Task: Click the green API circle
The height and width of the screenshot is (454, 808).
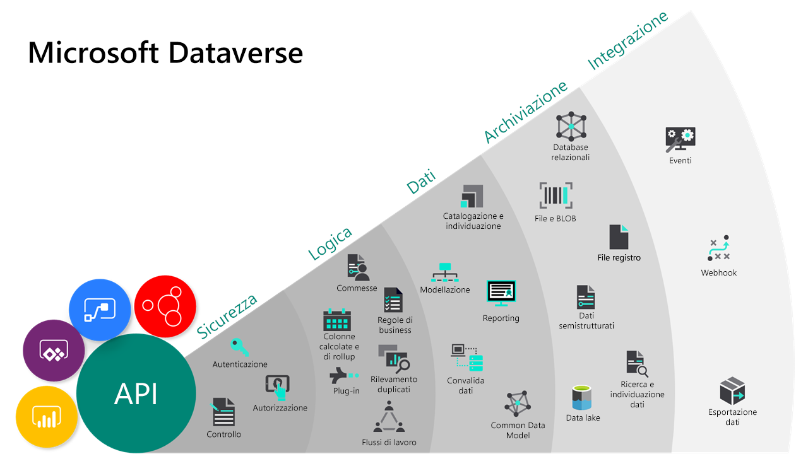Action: pos(136,393)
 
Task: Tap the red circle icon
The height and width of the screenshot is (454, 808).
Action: pos(165,306)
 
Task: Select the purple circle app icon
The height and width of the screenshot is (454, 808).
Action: pos(53,350)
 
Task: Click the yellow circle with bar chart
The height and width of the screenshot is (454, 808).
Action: pos(45,417)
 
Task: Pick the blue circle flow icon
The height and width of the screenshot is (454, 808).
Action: pos(99,310)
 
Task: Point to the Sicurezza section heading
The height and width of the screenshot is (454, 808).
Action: pos(227,317)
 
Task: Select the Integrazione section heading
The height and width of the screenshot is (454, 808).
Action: pos(627,41)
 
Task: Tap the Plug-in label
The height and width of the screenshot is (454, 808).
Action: pos(347,391)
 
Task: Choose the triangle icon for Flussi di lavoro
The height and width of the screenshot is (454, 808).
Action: pos(388,418)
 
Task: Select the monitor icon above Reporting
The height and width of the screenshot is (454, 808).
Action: pos(501,294)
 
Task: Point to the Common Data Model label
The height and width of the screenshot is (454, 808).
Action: pos(518,430)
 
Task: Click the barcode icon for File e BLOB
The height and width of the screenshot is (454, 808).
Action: pos(555,195)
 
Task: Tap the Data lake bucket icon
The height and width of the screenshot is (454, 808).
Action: pos(583,398)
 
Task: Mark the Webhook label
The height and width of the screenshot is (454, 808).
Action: pos(719,273)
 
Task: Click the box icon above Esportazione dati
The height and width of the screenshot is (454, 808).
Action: pos(732,391)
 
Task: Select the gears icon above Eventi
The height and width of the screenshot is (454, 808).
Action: pos(680,139)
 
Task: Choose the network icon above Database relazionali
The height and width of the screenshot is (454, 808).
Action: pos(571,126)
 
